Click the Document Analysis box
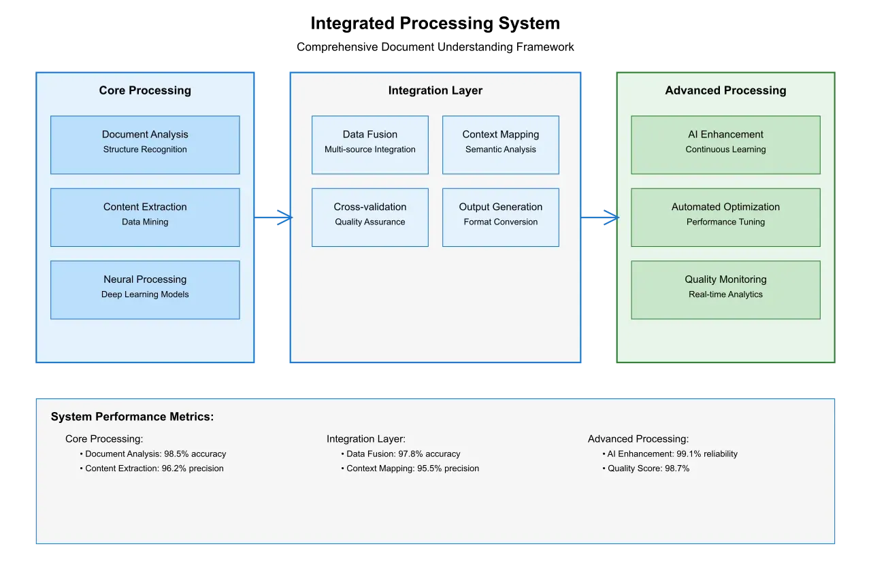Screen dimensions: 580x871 (145, 144)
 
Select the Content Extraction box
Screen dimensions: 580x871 (145, 217)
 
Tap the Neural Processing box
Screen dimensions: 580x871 (145, 290)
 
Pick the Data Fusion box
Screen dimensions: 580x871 (370, 144)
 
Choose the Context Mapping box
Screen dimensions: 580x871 (501, 144)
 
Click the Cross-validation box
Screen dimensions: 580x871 (370, 217)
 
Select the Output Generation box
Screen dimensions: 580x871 (501, 217)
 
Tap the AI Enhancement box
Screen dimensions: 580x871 (725, 144)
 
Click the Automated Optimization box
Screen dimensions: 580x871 (725, 217)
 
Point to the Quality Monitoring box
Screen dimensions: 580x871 (725, 290)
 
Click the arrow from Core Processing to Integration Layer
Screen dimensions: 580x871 (274, 218)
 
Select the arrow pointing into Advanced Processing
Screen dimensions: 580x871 (599, 218)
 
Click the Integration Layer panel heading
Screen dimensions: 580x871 (435, 90)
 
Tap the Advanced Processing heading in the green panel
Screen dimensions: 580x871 (725, 90)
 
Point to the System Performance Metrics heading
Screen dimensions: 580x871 (132, 417)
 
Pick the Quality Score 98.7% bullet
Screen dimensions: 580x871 (646, 468)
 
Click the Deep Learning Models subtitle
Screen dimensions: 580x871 (145, 294)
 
